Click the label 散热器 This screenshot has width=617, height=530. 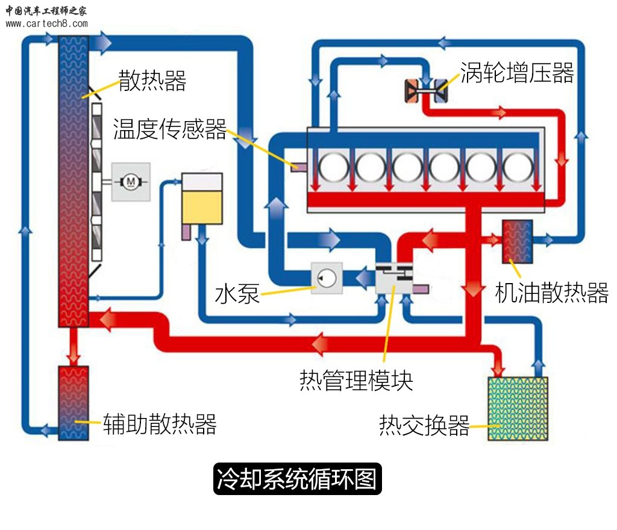click(152, 80)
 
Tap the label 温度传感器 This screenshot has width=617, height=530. click(170, 129)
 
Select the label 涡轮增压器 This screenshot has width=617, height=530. click(517, 72)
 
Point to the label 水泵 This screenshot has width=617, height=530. click(237, 295)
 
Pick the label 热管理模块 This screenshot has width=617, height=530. click(356, 381)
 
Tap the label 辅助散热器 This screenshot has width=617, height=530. click(160, 424)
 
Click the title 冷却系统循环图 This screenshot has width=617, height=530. click(298, 479)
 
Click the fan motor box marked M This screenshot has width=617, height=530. click(130, 181)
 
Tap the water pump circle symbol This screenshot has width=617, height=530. click(326, 278)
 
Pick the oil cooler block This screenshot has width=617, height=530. click(518, 242)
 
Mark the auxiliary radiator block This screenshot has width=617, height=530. click(74, 402)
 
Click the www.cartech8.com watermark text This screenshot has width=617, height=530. click(47, 24)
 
